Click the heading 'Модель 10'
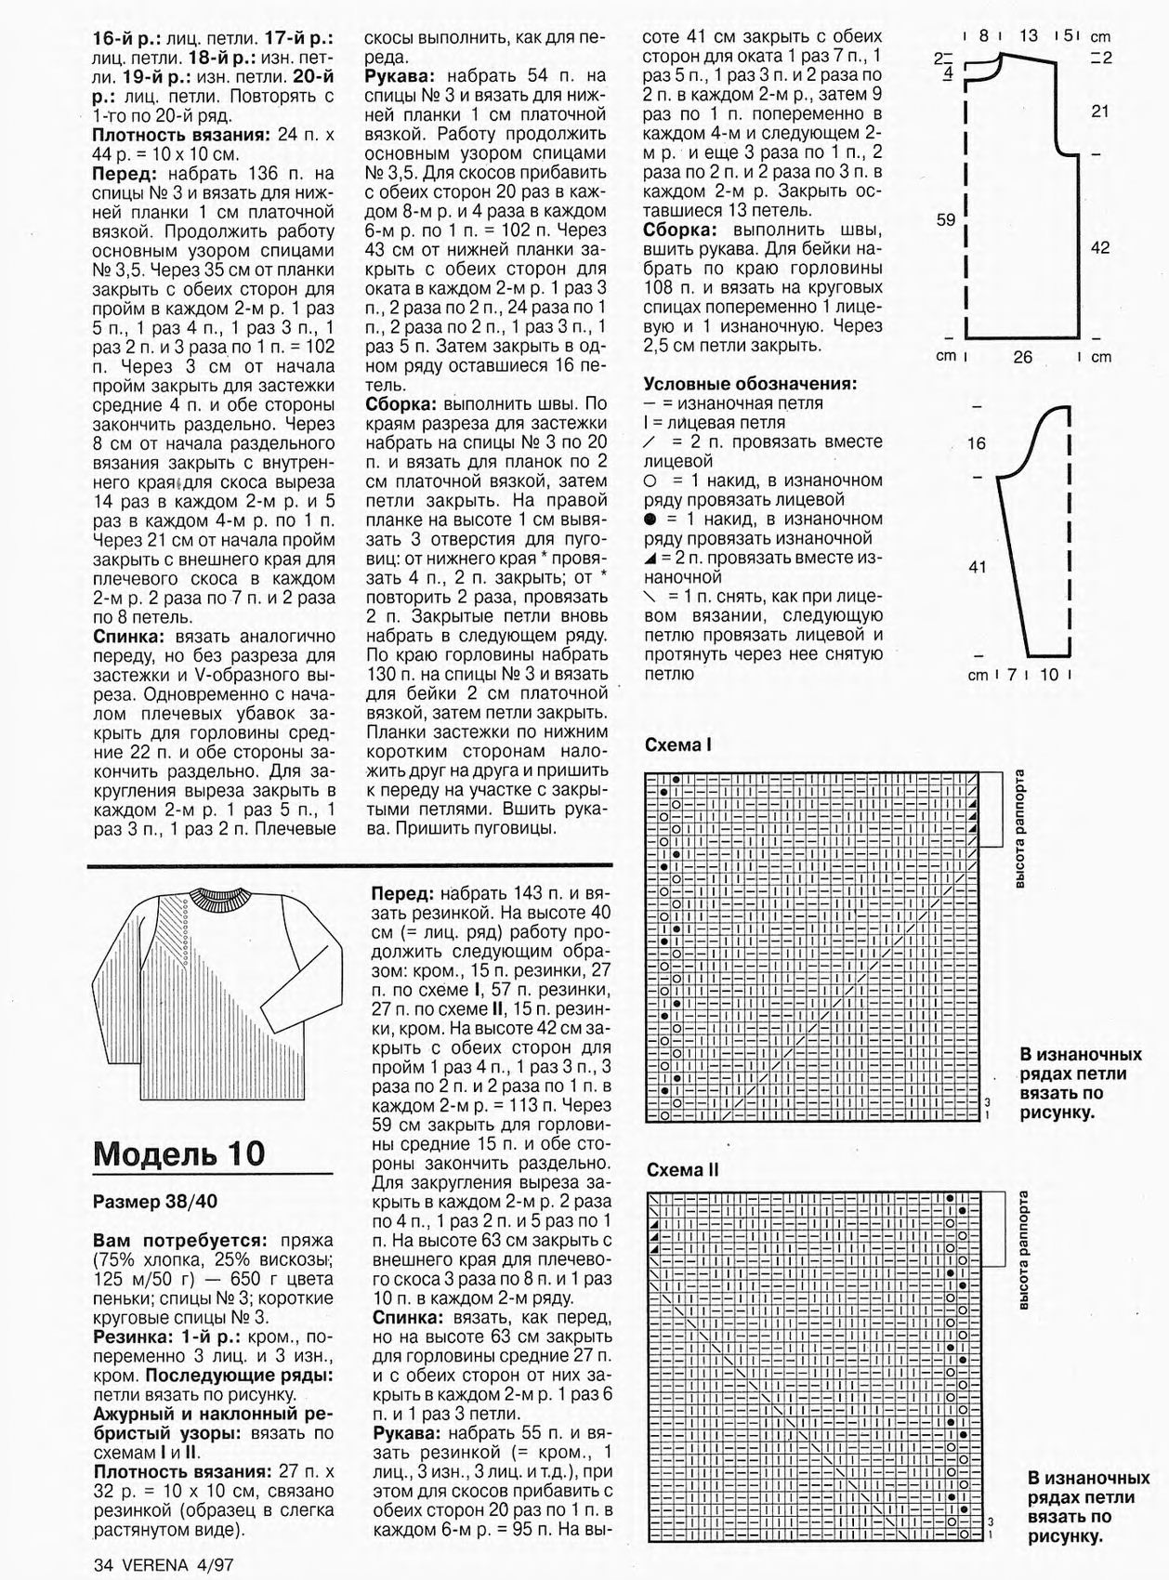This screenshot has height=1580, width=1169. click(x=179, y=1153)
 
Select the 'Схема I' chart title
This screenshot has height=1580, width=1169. click(x=678, y=744)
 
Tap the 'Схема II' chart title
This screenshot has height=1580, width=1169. click(x=683, y=1170)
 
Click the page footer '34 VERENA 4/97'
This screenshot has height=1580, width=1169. click(x=163, y=1563)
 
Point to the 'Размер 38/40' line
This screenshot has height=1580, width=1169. click(x=155, y=1201)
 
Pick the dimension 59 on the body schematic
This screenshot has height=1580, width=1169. click(x=945, y=220)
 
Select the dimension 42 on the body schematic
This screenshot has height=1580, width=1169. click(x=1099, y=248)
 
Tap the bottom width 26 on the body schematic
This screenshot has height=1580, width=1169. click(x=1022, y=357)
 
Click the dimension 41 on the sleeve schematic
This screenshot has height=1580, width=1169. click(x=977, y=566)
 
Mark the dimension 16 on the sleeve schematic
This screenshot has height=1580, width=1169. click(x=977, y=443)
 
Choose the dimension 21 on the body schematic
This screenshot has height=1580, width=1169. click(x=1099, y=111)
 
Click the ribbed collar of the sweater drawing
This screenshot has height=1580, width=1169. click(x=222, y=899)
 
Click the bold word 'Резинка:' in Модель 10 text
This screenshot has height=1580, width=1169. click(x=131, y=1336)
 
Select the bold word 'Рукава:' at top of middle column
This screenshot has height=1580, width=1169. click(x=401, y=75)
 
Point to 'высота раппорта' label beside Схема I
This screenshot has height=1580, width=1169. click(x=1019, y=828)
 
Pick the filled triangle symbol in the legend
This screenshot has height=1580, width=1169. click(x=650, y=558)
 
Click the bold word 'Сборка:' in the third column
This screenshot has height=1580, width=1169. click(x=680, y=230)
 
